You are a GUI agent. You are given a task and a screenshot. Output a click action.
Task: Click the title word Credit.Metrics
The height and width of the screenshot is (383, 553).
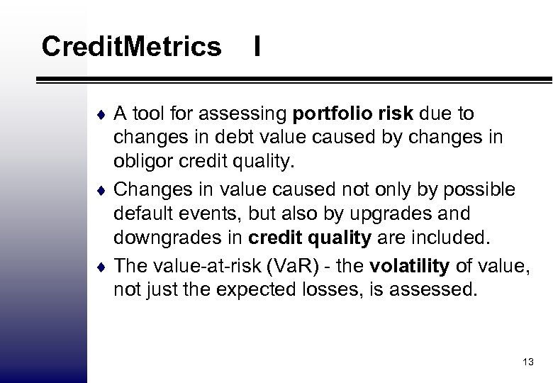131,48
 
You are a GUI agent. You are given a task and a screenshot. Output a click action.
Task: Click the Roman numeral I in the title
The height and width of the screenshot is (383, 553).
257,48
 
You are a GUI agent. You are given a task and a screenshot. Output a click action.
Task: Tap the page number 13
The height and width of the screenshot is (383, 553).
527,362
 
